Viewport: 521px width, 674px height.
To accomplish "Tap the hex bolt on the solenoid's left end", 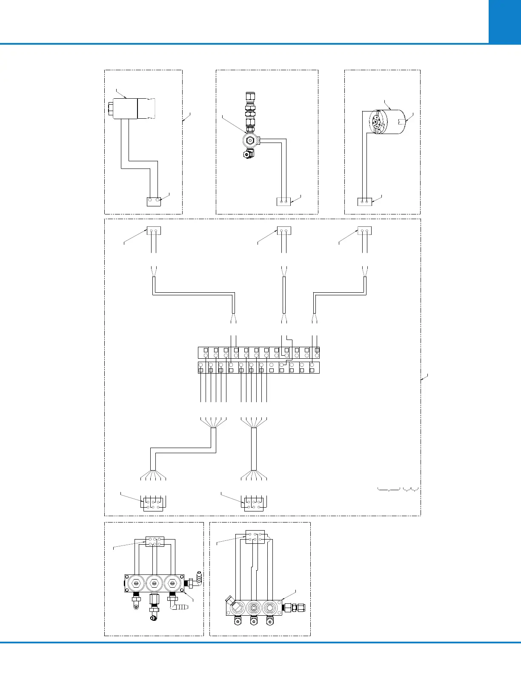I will (110, 108).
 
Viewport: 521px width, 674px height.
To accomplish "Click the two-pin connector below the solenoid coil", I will (154, 201).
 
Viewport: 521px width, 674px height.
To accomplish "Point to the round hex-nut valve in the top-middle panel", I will (250, 140).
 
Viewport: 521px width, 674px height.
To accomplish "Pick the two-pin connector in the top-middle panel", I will (283, 201).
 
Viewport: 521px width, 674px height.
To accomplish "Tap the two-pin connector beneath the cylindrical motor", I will (364, 201).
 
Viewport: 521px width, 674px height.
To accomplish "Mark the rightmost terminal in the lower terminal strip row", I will (312, 367).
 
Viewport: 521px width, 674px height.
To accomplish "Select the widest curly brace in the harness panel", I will (389, 490).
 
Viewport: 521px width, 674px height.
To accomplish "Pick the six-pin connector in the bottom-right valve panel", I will (255, 537).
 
